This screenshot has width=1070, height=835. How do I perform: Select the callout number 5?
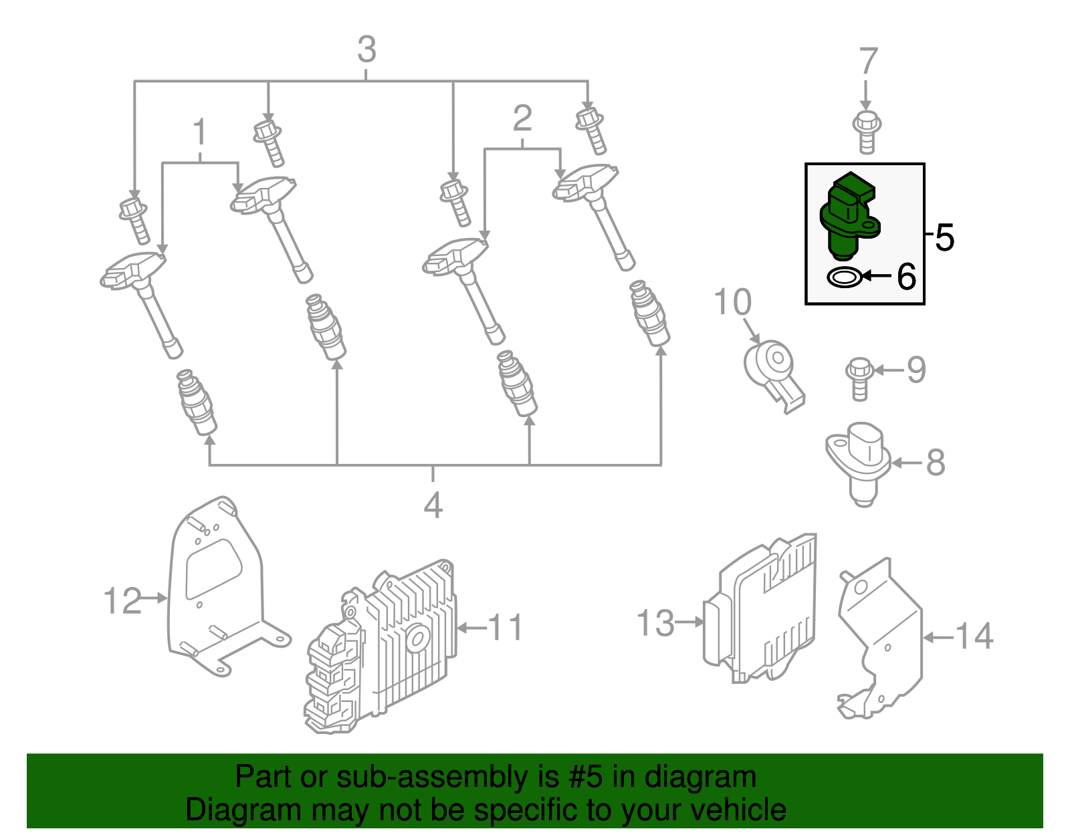[944, 237]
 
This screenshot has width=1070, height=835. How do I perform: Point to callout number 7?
[867, 62]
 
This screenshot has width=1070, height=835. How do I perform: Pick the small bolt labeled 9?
[859, 378]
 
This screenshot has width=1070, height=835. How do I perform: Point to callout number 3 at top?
[366, 50]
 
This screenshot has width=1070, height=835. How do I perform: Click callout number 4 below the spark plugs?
[433, 505]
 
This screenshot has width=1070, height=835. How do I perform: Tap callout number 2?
[522, 119]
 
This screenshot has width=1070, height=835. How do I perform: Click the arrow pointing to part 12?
[154, 598]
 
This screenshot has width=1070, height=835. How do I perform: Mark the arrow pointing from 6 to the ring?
[877, 275]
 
